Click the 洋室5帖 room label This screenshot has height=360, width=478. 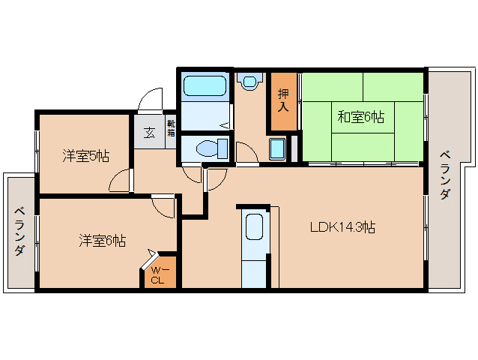click(x=85, y=156)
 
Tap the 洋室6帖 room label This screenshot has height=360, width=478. click(x=103, y=241)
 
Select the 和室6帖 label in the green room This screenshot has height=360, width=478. click(x=360, y=117)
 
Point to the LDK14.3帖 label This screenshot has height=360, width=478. click(x=342, y=227)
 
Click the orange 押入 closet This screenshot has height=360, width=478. click(x=283, y=101)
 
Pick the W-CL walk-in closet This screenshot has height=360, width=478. click(x=158, y=275)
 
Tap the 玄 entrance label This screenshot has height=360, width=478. click(x=149, y=133)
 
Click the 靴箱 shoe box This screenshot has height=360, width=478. click(x=171, y=128)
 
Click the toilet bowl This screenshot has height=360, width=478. click(x=210, y=148)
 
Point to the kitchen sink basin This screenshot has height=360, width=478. click(x=254, y=226)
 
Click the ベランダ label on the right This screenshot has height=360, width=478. click(x=445, y=174)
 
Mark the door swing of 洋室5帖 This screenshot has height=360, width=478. click(x=120, y=180)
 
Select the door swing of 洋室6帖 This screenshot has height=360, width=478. click(x=163, y=205)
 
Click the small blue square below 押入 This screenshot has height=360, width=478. click(x=277, y=149)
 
